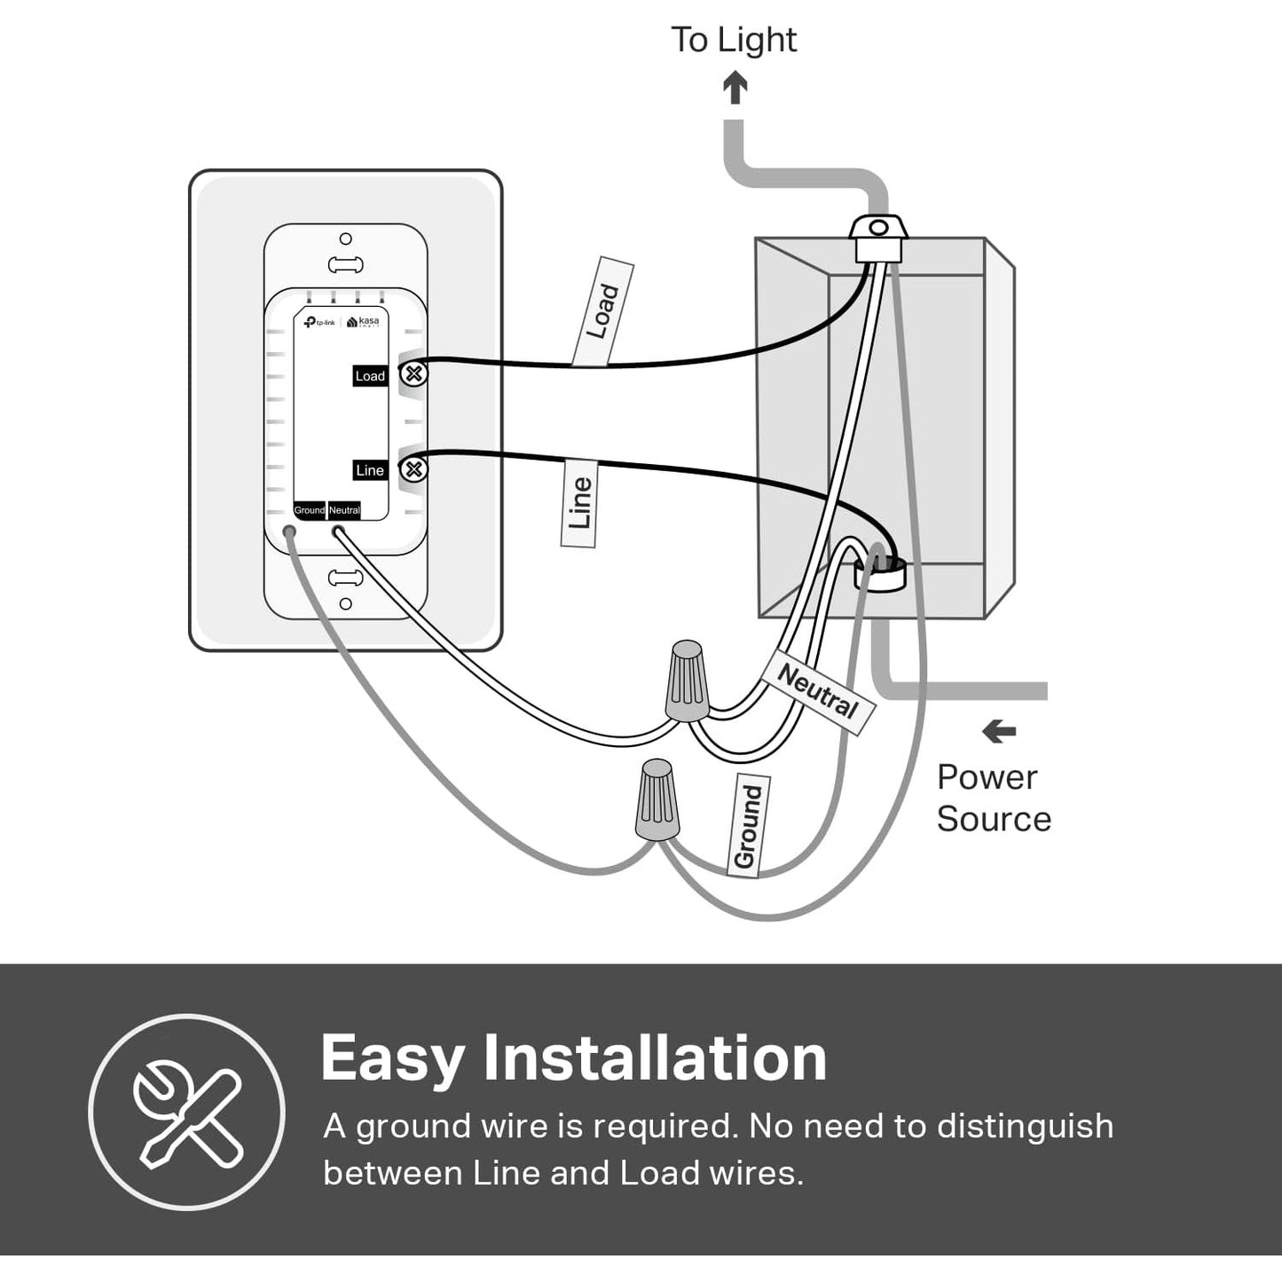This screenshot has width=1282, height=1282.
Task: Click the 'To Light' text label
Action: pyautogui.click(x=733, y=40)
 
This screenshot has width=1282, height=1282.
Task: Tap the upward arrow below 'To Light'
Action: pyautogui.click(x=735, y=88)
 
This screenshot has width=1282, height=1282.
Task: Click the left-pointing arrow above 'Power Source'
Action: pyautogui.click(x=999, y=732)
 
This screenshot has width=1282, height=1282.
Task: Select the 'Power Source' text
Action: pyautogui.click(x=993, y=798)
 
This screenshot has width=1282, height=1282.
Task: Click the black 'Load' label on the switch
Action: pyautogui.click(x=370, y=376)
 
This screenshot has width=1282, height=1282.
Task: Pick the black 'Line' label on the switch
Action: pyautogui.click(x=370, y=470)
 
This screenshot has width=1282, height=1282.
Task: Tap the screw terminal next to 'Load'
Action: pyautogui.click(x=413, y=374)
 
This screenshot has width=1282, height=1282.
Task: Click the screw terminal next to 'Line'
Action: pyautogui.click(x=413, y=468)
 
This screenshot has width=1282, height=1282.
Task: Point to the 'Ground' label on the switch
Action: pyautogui.click(x=310, y=510)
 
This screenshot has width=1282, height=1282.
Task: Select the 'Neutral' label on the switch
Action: pyautogui.click(x=344, y=510)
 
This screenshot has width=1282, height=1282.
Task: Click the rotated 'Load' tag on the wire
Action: pyautogui.click(x=602, y=311)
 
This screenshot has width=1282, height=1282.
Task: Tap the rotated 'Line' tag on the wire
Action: pyautogui.click(x=579, y=502)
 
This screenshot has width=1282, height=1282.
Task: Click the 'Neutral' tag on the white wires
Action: pyautogui.click(x=818, y=691)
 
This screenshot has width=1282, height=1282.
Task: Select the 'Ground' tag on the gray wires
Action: pyautogui.click(x=747, y=826)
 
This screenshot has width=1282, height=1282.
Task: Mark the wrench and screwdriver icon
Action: pyautogui.click(x=187, y=1113)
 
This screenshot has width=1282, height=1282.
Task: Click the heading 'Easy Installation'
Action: pyautogui.click(x=573, y=1058)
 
